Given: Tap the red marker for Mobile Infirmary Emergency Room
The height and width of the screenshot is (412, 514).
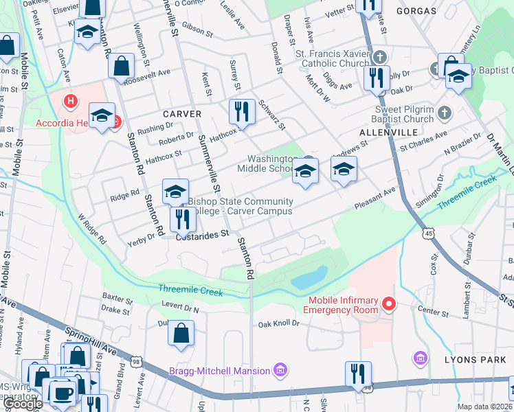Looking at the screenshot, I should tap(388, 303).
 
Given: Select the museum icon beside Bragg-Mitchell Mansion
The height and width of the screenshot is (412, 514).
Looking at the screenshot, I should tap(280, 371).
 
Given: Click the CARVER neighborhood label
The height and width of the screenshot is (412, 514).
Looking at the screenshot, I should tap(182, 114).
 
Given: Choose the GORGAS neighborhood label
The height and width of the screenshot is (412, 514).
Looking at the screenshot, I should tap(416, 11).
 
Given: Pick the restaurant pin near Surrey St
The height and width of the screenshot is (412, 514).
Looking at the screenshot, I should tap(242, 110).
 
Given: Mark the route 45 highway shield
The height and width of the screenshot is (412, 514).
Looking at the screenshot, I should tap(429, 233).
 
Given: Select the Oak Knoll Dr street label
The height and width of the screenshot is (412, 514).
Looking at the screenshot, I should tap(279, 323).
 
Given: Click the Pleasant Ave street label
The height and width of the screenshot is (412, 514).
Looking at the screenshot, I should tap(375, 199).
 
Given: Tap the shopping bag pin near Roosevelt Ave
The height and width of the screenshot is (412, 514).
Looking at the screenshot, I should tap(121, 67).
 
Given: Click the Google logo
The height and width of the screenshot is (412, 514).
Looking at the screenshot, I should tap(23, 404).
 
